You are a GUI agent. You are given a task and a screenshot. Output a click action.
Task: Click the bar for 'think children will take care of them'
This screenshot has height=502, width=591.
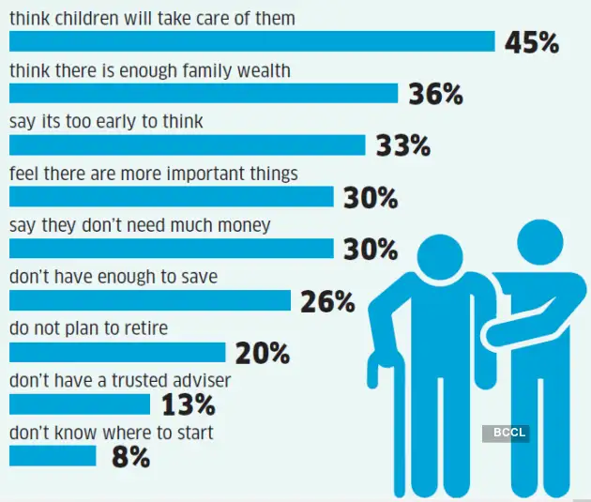click(x=251, y=42)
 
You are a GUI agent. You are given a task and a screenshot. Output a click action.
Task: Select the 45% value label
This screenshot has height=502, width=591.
click(x=532, y=43)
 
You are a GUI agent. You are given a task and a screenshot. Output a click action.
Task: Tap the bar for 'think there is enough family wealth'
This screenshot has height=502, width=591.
click(x=204, y=94)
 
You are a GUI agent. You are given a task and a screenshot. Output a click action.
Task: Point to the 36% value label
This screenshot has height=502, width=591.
click(x=435, y=95)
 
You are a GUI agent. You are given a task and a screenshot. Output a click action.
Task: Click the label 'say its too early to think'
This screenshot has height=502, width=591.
click(x=106, y=122)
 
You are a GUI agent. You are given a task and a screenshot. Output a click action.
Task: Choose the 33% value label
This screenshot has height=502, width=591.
click(x=402, y=146)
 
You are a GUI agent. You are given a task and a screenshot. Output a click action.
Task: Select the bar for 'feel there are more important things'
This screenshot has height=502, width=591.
click(x=171, y=197)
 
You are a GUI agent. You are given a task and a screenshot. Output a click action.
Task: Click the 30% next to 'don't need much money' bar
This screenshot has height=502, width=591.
click(x=370, y=250)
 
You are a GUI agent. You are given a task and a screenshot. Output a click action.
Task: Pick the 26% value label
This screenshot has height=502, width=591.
click(x=327, y=302)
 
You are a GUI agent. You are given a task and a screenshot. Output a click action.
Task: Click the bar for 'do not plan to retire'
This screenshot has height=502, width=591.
click(x=117, y=352)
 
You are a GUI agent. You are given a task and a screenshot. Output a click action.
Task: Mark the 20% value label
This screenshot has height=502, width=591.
click(x=262, y=354)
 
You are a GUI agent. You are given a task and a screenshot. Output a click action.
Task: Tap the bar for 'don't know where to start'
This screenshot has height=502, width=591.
click(x=53, y=456)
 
